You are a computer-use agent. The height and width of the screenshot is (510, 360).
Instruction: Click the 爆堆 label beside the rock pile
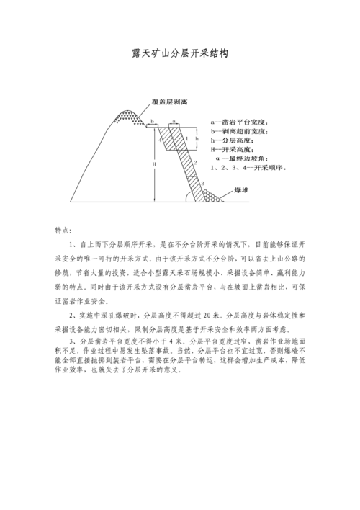click(243, 190)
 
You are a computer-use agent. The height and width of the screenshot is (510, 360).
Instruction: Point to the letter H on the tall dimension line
click(153, 164)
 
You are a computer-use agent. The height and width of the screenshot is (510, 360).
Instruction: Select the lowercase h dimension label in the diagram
click(197, 138)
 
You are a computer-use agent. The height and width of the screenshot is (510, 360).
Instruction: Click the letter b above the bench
click(152, 121)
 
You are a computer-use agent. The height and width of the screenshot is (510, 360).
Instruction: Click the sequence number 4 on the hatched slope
click(162, 140)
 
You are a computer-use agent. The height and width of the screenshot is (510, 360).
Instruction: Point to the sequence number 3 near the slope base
click(204, 184)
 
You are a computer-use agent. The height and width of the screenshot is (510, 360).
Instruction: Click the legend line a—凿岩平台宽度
click(239, 123)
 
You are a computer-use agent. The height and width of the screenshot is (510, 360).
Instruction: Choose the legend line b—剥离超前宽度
click(239, 132)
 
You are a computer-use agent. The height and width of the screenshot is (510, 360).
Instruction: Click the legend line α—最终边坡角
click(241, 158)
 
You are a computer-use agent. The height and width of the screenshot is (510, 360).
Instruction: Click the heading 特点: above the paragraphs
click(63, 231)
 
